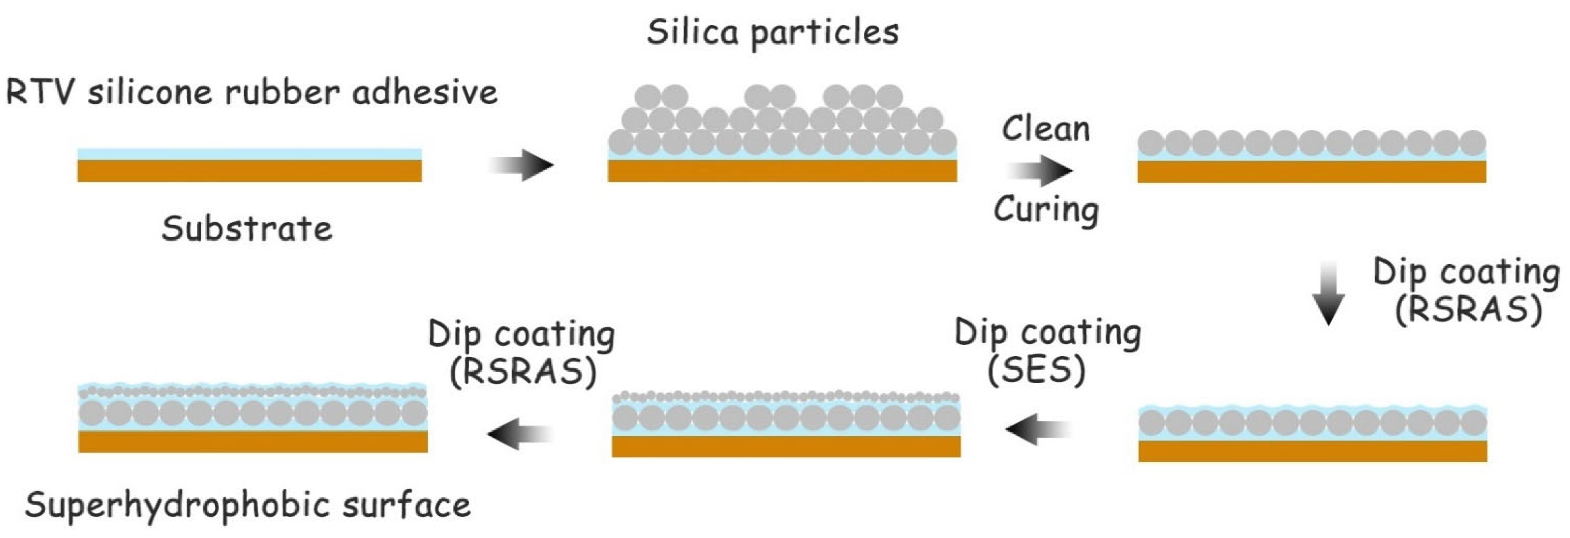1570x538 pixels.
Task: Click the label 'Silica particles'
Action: click(x=772, y=32)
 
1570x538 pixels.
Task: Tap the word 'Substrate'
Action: click(x=247, y=229)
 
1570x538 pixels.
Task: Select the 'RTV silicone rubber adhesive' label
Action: click(x=251, y=92)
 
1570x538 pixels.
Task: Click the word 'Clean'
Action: click(x=1046, y=129)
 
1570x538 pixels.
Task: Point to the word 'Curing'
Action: click(x=1046, y=210)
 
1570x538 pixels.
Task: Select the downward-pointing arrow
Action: click(x=1328, y=294)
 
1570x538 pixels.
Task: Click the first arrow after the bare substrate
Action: click(x=521, y=164)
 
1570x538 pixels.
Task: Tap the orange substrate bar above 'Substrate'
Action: click(x=249, y=171)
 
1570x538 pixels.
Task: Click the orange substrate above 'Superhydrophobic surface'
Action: click(x=253, y=442)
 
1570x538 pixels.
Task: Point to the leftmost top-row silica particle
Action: click(x=648, y=96)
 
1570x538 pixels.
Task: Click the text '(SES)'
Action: click(x=1036, y=370)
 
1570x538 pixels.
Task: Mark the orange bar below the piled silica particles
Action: click(x=782, y=171)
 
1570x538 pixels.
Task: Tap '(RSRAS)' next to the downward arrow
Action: click(x=1469, y=309)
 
